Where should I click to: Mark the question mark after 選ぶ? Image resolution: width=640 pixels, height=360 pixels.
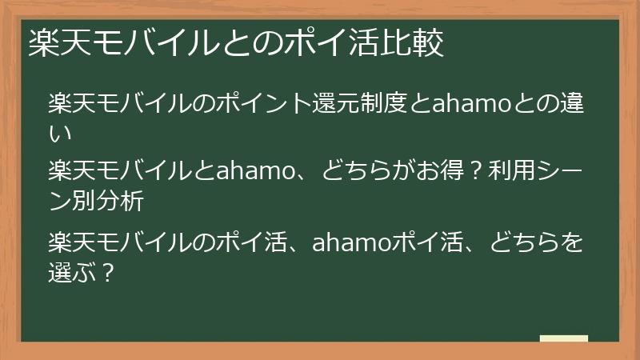click(110, 272)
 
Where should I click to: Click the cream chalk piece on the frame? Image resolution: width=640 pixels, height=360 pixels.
click(563, 338)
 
